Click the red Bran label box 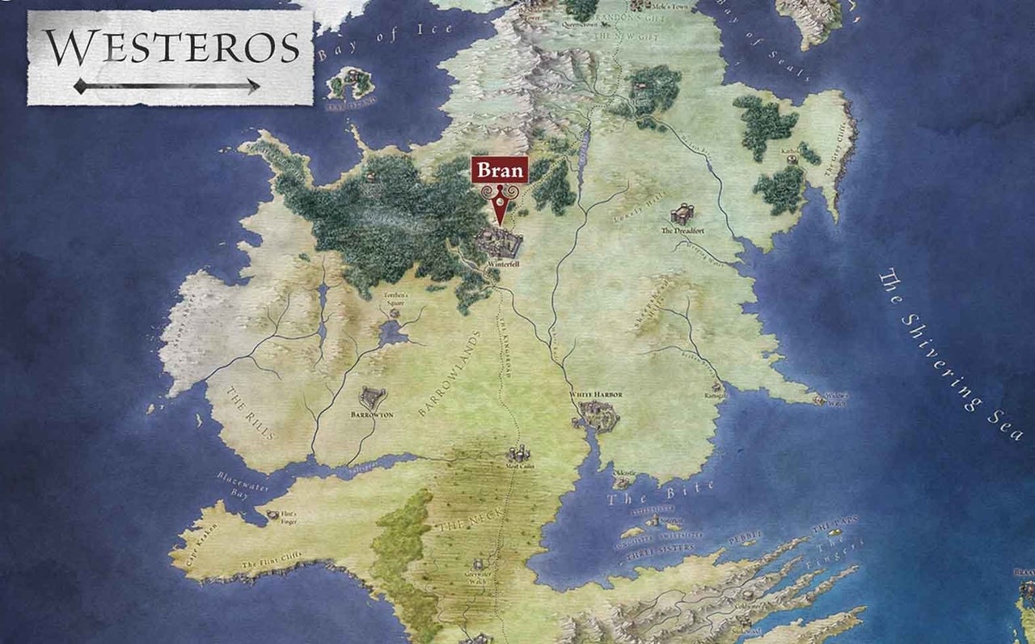pyautogui.click(x=501, y=171)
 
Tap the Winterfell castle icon pyautogui.click(x=500, y=243)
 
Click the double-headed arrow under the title pyautogui.click(x=167, y=86)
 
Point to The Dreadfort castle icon pyautogui.click(x=682, y=214)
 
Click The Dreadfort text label pyautogui.click(x=678, y=231)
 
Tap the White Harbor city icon pyautogui.click(x=598, y=416)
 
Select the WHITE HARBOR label pyautogui.click(x=596, y=395)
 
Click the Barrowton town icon pyautogui.click(x=373, y=397)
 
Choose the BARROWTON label pyautogui.click(x=372, y=413)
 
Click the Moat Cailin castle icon pyautogui.click(x=518, y=454)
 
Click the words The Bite pyautogui.click(x=661, y=493)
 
